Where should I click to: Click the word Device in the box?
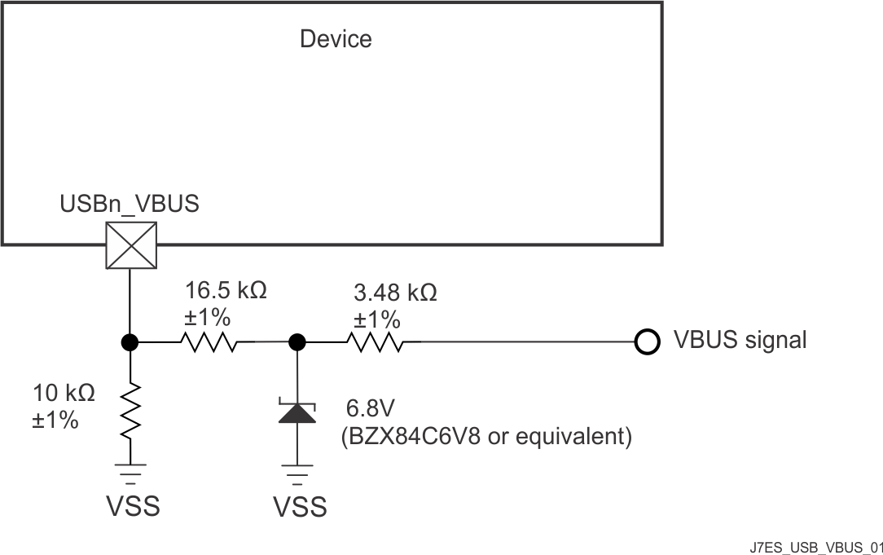[336, 39]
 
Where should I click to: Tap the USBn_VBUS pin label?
[129, 205]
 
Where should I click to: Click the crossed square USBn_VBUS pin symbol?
[130, 245]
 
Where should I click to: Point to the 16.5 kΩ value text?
[226, 290]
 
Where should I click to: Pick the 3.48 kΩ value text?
[394, 293]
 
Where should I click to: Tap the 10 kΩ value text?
[64, 393]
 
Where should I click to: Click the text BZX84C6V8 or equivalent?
[485, 437]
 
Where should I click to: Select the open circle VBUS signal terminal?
[647, 341]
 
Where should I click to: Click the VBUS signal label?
[740, 340]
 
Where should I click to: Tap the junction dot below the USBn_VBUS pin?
[130, 341]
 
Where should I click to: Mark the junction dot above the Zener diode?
[297, 341]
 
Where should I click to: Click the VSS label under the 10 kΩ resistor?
[133, 506]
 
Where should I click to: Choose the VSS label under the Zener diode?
[299, 507]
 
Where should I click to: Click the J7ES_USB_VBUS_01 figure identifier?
[816, 545]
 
